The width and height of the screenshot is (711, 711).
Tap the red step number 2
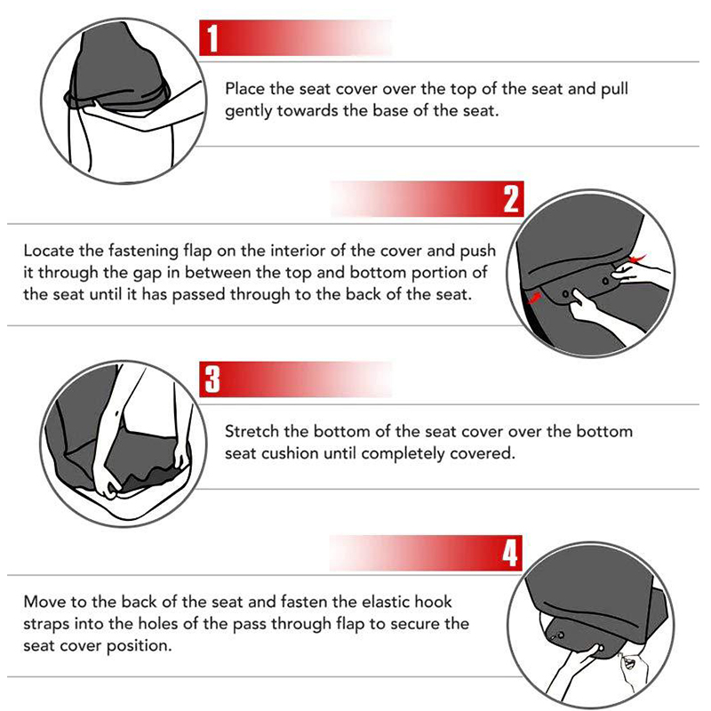click(511, 199)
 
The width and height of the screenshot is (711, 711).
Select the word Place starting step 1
click(246, 89)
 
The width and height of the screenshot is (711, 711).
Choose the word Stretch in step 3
click(252, 431)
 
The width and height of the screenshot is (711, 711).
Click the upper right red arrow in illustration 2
click(634, 259)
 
